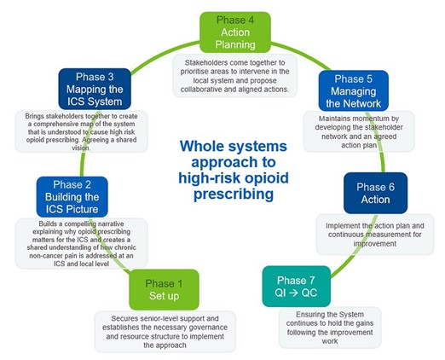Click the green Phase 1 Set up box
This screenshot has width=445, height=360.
(x=164, y=289)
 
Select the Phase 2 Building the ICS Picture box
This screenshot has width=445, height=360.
(x=72, y=197)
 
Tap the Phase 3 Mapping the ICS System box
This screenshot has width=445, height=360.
(x=95, y=89)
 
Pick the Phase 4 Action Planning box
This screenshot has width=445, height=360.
(x=235, y=32)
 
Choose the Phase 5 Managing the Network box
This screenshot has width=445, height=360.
(x=354, y=91)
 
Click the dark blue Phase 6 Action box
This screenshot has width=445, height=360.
(x=375, y=193)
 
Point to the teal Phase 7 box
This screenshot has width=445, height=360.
(x=296, y=287)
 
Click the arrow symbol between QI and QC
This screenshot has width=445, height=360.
(x=296, y=293)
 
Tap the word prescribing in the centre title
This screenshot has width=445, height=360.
(x=234, y=195)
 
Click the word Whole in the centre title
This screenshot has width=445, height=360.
(x=202, y=146)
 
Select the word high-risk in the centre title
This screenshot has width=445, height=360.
(x=209, y=178)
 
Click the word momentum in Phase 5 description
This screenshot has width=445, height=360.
(x=359, y=119)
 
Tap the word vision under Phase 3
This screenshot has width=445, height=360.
(x=81, y=148)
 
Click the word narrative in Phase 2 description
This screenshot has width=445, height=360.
(x=110, y=224)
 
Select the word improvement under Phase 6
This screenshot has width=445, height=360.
(x=375, y=244)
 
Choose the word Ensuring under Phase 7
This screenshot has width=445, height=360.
(x=308, y=315)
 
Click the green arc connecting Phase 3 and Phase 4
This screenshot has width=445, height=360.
(x=164, y=54)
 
